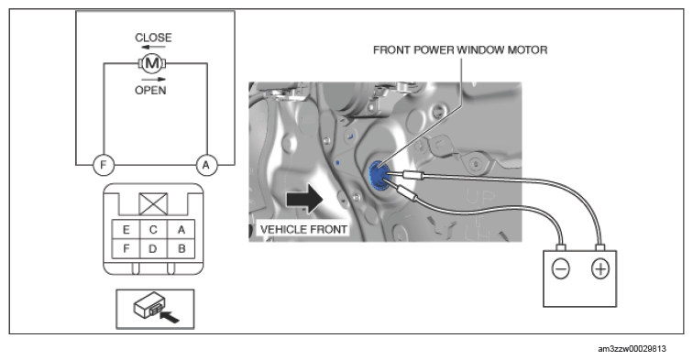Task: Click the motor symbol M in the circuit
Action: pyautogui.click(x=152, y=63)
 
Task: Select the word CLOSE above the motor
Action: pyautogui.click(x=153, y=38)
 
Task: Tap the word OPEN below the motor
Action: pyautogui.click(x=150, y=91)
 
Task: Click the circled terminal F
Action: pyautogui.click(x=104, y=165)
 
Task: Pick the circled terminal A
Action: pyautogui.click(x=206, y=165)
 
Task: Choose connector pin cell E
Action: pyautogui.click(x=126, y=230)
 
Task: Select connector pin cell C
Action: pyautogui.click(x=153, y=230)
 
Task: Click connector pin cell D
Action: pyautogui.click(x=153, y=248)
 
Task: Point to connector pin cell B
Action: pyautogui.click(x=181, y=248)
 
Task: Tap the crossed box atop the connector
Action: pyautogui.click(x=153, y=204)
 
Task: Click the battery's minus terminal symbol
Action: pyautogui.click(x=561, y=268)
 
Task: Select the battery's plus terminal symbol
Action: pyautogui.click(x=600, y=268)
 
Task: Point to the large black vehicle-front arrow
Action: pyautogui.click(x=305, y=199)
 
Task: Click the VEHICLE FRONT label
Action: pyautogui.click(x=303, y=230)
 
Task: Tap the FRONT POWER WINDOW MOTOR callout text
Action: pyautogui.click(x=460, y=49)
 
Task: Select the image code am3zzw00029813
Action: pyautogui.click(x=632, y=349)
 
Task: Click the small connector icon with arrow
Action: pyautogui.click(x=155, y=309)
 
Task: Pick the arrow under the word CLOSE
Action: pyautogui.click(x=153, y=47)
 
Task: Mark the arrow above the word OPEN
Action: pyautogui.click(x=153, y=80)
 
